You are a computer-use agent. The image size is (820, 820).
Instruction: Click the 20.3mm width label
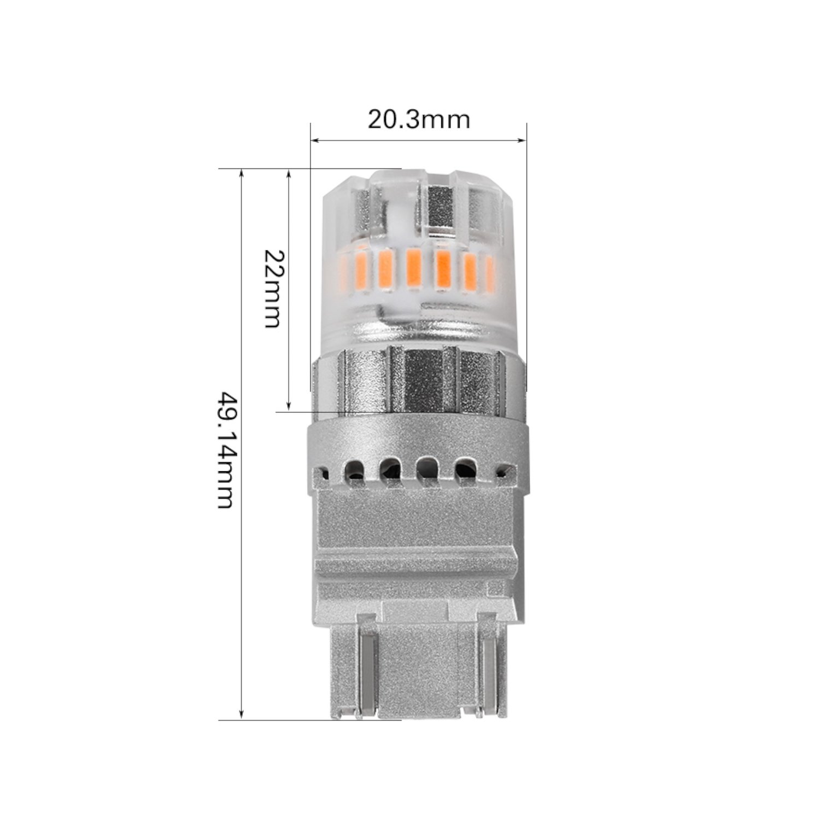418,119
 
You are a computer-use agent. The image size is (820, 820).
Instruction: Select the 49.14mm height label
227,449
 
